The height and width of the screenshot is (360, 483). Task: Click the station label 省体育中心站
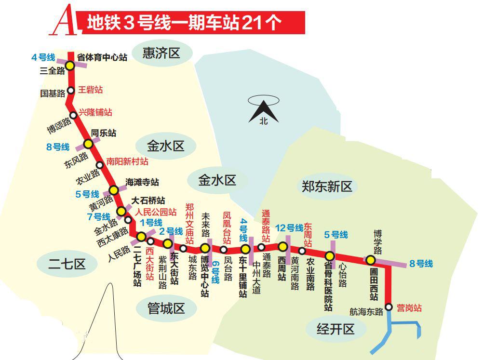(x=102, y=57)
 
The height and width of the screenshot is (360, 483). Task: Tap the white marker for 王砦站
(x=70, y=90)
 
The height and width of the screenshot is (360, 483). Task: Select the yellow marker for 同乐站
(x=88, y=144)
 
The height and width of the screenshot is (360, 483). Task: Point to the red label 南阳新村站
(x=127, y=161)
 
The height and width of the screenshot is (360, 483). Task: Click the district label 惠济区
(x=161, y=53)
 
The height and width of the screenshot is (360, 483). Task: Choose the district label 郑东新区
(x=327, y=186)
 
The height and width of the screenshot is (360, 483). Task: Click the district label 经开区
(x=335, y=329)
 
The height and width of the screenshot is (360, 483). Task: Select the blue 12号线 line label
(x=289, y=227)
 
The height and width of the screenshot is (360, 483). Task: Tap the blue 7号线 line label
(x=98, y=216)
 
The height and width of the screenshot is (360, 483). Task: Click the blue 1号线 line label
(x=150, y=223)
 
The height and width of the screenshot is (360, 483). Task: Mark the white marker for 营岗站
(x=389, y=307)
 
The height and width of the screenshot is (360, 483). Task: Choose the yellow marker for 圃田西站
(x=370, y=260)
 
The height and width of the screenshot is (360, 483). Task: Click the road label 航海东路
(x=366, y=312)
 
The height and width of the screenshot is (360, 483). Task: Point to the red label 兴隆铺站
(x=95, y=112)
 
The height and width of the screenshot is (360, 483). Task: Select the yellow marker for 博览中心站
(x=205, y=248)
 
